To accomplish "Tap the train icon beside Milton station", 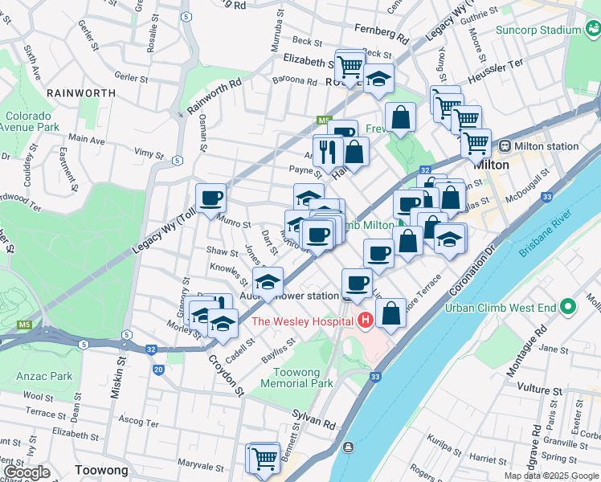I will pyautogui.click(x=505, y=146).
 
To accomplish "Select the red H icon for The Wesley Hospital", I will pyautogui.click(x=366, y=321).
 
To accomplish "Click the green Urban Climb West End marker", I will pyautogui.click(x=569, y=308).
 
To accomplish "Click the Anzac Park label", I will pyautogui.click(x=43, y=376).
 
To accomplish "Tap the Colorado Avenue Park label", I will pyautogui.click(x=30, y=121).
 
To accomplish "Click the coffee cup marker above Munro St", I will pyautogui.click(x=211, y=198).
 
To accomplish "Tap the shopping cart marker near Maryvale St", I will pyautogui.click(x=264, y=459).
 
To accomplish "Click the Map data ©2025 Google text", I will pyautogui.click(x=550, y=476).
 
